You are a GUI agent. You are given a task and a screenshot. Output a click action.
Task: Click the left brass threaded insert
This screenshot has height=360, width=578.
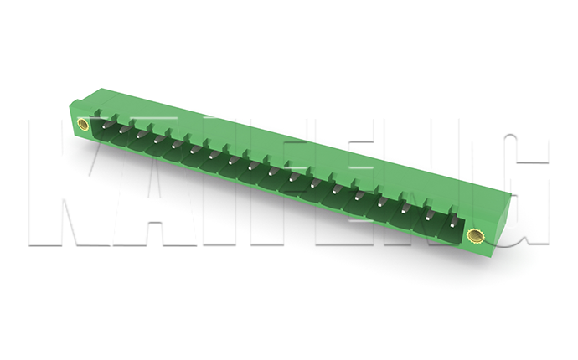(x=83, y=124)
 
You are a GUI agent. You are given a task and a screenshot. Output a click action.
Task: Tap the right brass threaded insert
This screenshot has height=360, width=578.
(x=474, y=236)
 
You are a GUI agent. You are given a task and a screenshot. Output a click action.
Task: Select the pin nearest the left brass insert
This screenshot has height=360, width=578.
(x=105, y=126)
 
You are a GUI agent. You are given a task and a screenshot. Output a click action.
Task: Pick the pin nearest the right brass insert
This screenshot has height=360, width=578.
(x=453, y=223)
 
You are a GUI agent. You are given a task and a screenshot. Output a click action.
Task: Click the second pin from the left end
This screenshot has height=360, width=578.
(x=121, y=130)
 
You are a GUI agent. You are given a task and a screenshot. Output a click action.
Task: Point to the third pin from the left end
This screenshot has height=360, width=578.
(x=139, y=135)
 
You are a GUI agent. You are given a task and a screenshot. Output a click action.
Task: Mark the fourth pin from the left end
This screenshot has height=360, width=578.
(x=157, y=139)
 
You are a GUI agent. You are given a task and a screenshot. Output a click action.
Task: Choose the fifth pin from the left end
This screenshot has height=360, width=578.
(x=175, y=144)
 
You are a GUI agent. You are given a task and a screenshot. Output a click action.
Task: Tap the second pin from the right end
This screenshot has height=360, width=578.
(x=429, y=217)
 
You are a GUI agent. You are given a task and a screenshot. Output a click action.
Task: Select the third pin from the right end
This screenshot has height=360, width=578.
(x=405, y=210)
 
